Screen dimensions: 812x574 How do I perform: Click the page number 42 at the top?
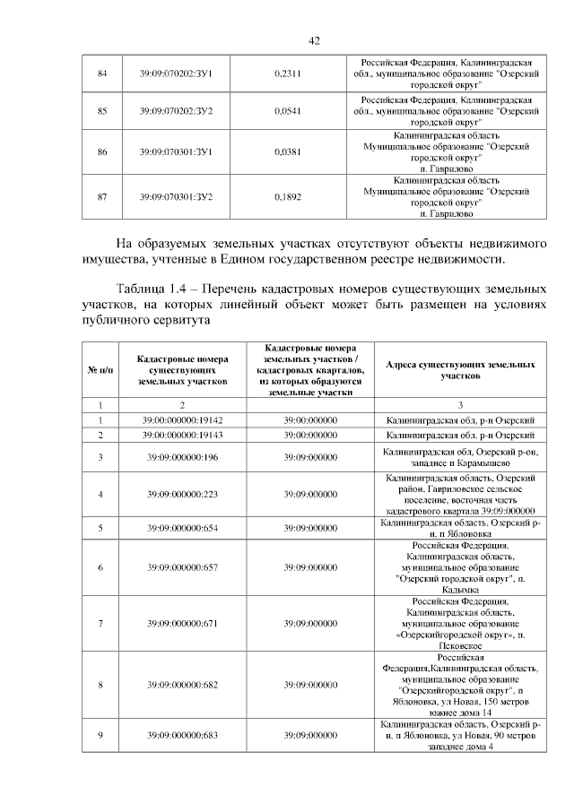[x=314, y=40]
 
